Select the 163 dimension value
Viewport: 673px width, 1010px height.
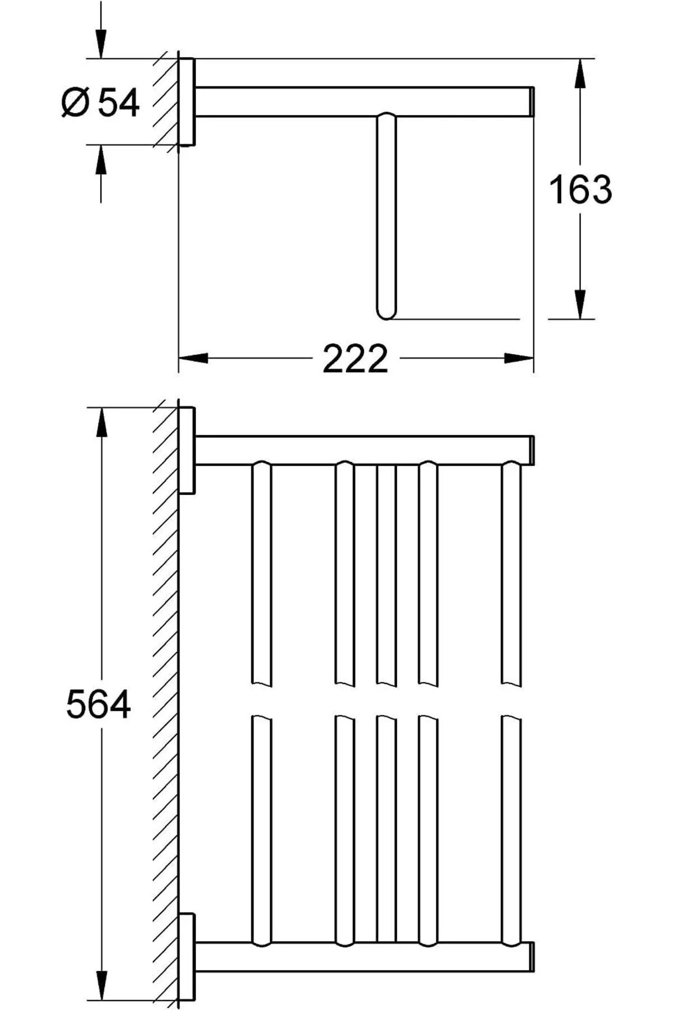[580, 189]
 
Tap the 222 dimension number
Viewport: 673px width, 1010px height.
[355, 359]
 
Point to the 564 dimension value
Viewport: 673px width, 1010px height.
[98, 704]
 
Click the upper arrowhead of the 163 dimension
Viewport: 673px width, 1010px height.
[580, 74]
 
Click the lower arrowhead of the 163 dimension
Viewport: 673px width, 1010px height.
[580, 304]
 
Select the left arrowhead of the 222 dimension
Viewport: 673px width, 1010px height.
[193, 358]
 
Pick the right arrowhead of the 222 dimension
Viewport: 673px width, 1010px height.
[518, 358]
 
